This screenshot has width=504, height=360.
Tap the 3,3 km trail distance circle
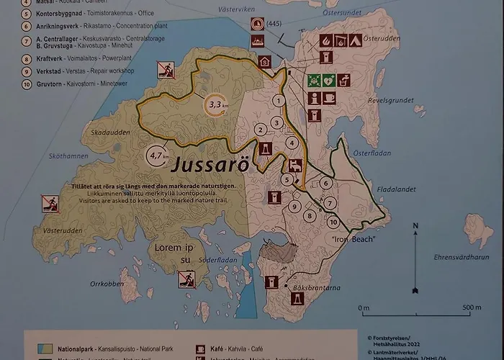tap(215, 105)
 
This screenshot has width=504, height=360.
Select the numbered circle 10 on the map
tap(333, 222)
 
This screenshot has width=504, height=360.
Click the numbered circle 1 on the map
tap(278, 101)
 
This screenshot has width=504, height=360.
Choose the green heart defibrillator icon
tap(329, 80)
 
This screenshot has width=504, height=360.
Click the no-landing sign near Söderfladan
tap(187, 279)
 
